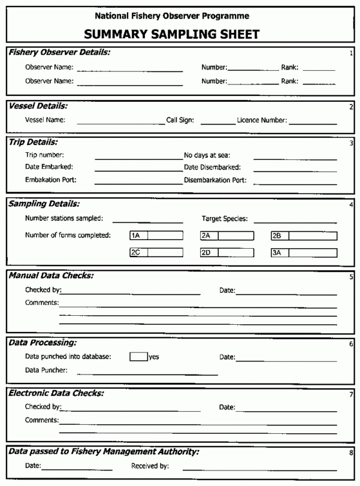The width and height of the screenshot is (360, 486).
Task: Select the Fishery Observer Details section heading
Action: click(59, 53)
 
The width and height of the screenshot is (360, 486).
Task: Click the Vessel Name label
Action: click(45, 120)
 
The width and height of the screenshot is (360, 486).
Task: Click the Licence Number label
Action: click(262, 120)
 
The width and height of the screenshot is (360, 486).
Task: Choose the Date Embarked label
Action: click(49, 167)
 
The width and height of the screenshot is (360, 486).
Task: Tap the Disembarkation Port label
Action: click(215, 180)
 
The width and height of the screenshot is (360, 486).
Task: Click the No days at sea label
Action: click(207, 155)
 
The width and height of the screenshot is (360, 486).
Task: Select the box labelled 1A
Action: click(164, 236)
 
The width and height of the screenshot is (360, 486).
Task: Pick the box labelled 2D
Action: click(235, 253)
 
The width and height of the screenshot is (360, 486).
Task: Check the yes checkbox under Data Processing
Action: click(138, 357)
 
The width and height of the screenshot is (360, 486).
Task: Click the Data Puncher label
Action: click(46, 370)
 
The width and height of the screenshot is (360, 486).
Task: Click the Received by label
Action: click(150, 465)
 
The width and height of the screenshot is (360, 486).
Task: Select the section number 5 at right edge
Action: click(351, 277)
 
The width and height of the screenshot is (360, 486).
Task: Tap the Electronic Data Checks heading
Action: click(56, 393)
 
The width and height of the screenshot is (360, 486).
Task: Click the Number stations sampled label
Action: click(64, 218)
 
